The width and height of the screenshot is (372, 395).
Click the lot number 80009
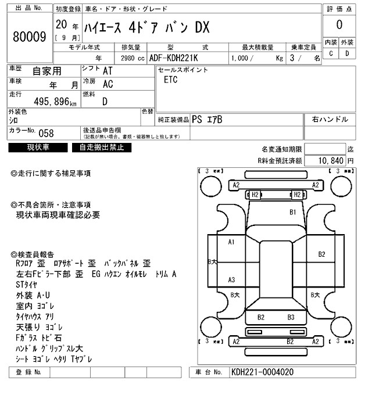click(29, 37)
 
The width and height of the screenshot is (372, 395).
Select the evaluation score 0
click(339, 25)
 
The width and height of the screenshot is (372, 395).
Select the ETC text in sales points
click(170, 80)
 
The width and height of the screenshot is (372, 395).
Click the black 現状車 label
click(38, 148)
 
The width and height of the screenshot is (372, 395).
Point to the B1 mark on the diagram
click(294, 212)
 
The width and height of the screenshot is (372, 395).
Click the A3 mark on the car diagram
click(231, 280)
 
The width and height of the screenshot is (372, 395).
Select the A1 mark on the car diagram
click(231, 242)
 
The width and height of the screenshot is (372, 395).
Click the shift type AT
click(108, 70)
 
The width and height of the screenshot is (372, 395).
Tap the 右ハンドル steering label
click(330, 120)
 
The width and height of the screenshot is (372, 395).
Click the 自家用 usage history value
click(46, 71)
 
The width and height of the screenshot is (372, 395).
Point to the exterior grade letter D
click(347, 53)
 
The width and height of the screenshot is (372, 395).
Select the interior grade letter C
click(331, 53)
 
